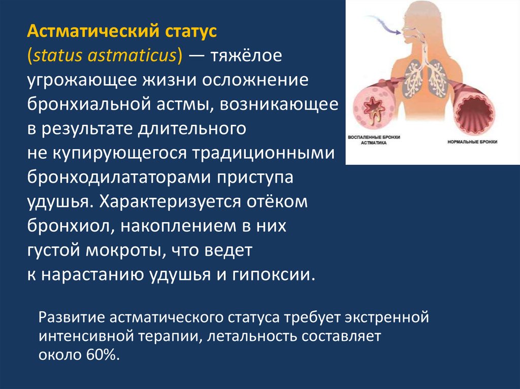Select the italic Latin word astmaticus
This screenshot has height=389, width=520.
(132, 55)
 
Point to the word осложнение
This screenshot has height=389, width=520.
(255, 80)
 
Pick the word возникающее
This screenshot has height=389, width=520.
(279, 104)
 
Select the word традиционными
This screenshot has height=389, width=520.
(264, 154)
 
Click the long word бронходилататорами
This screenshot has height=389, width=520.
(119, 178)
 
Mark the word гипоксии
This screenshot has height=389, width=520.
(273, 275)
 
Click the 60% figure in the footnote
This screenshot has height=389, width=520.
(102, 355)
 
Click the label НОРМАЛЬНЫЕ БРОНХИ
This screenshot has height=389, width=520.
(472, 142)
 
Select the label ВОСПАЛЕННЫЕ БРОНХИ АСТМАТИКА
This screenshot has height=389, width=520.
(374, 140)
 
